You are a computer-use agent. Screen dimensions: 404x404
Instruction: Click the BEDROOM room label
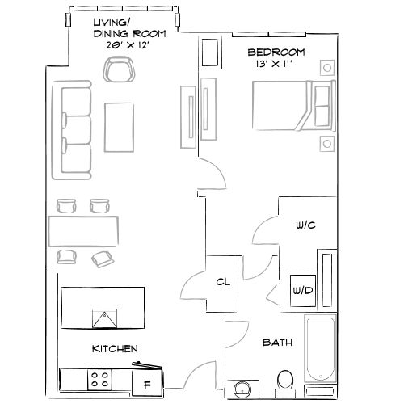click(x=271, y=53)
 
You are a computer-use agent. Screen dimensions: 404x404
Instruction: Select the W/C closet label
click(x=304, y=226)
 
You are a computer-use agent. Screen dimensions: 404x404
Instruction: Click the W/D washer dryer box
click(x=302, y=289)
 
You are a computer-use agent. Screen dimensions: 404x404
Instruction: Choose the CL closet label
click(x=225, y=282)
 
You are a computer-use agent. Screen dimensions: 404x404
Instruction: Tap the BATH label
click(x=277, y=343)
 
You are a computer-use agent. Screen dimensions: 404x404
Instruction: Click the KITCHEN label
click(x=114, y=348)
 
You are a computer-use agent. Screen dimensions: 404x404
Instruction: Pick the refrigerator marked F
click(x=147, y=385)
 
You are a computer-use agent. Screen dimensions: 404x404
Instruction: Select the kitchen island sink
click(x=103, y=318)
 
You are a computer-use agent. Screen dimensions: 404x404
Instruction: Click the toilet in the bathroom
click(x=284, y=381)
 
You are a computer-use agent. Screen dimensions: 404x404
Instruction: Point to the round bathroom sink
click(x=241, y=390)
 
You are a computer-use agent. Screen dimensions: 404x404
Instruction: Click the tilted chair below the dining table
click(x=103, y=259)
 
